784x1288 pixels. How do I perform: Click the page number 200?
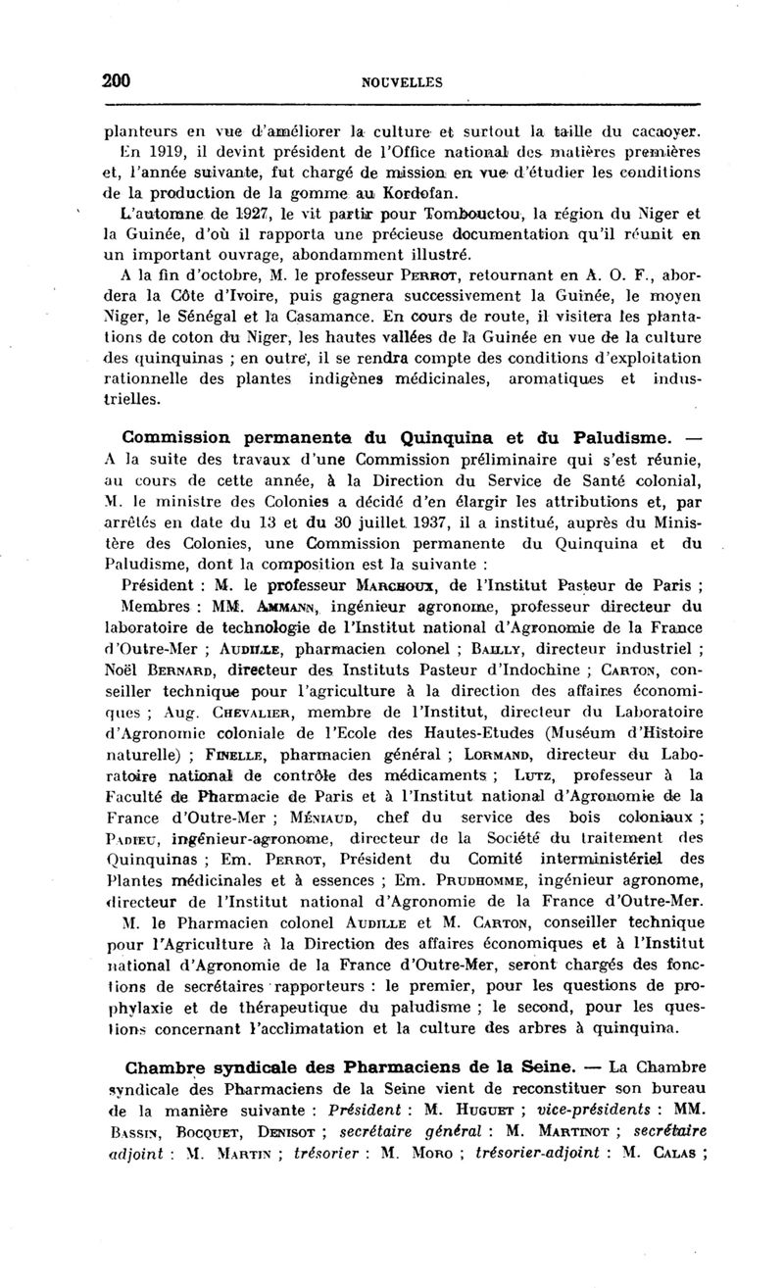118,80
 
